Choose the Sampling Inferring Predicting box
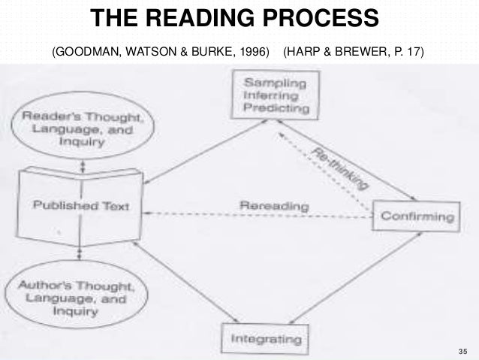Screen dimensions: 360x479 (x=276, y=95)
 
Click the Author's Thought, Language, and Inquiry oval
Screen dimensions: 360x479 (x=74, y=298)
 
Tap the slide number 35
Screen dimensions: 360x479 (x=461, y=351)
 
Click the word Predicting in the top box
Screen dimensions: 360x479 (x=276, y=107)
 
